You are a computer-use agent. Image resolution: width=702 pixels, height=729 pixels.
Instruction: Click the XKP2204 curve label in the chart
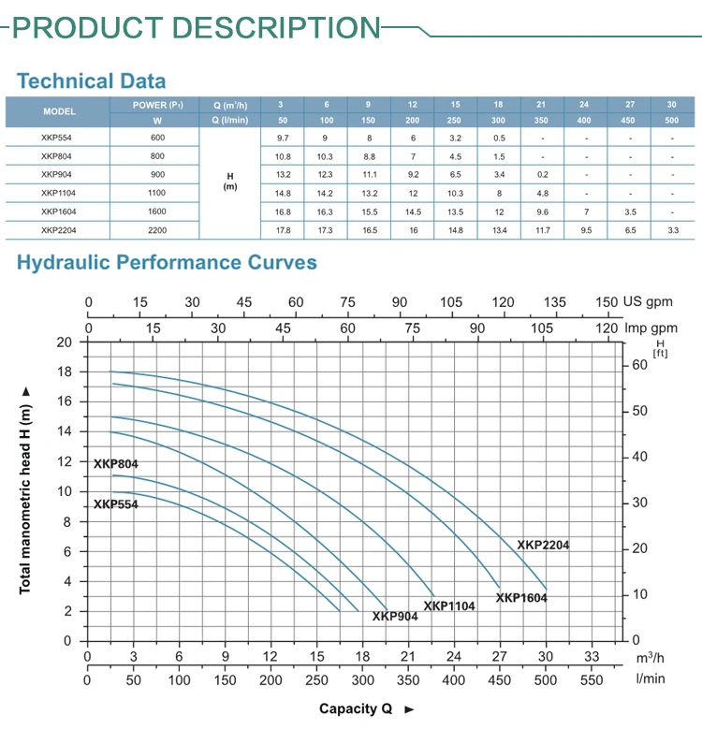pos(543,545)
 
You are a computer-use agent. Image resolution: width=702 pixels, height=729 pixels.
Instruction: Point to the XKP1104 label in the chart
pos(449,606)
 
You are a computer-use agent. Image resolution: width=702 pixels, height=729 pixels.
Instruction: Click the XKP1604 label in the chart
pos(521,597)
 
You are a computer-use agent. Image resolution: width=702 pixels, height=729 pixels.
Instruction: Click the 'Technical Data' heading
pos(92,80)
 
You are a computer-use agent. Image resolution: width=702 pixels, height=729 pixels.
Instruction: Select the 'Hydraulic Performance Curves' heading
pos(167,263)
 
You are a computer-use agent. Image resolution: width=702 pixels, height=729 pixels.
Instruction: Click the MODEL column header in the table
pos(59,111)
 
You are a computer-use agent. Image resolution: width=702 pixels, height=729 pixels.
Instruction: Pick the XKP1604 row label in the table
pos(59,211)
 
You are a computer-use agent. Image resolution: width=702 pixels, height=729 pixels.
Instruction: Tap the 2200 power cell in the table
pos(157,229)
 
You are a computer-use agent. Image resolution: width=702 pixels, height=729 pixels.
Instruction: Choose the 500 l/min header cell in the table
pos(671,120)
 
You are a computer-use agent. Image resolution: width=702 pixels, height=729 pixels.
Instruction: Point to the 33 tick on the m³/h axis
pos(591,657)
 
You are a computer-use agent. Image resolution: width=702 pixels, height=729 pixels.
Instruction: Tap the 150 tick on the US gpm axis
pos(607,302)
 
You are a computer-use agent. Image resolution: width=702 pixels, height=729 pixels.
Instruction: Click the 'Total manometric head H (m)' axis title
pos(25,489)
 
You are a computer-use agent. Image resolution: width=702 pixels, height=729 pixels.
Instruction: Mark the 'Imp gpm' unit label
pos(651,328)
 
